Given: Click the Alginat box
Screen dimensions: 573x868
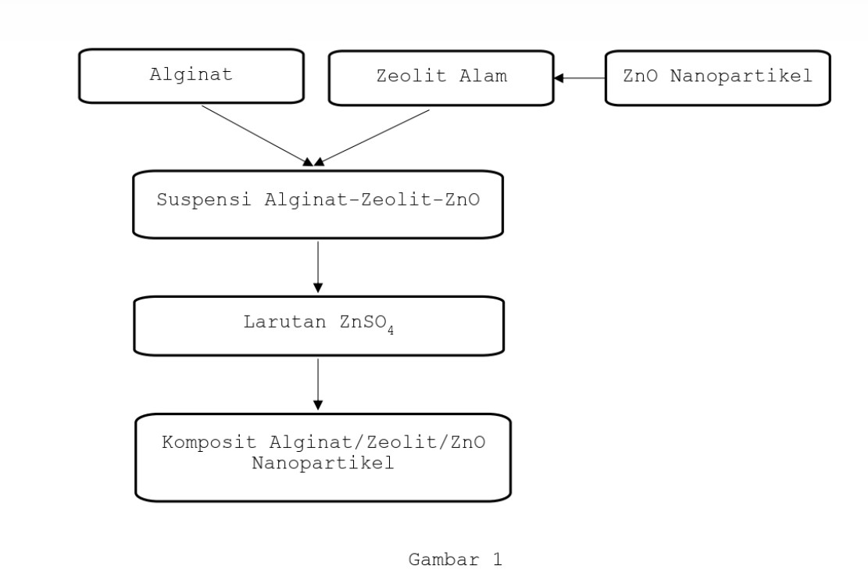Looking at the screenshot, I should tap(191, 77).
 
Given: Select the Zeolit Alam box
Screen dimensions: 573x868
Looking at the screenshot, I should tap(441, 77).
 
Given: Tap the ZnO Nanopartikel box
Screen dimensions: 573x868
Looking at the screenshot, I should tap(717, 77).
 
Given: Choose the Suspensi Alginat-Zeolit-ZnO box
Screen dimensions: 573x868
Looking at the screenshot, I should tap(318, 204).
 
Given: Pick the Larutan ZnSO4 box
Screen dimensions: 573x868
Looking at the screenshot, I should tap(319, 325).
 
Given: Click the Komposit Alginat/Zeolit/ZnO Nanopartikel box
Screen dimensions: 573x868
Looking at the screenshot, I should tap(323, 457).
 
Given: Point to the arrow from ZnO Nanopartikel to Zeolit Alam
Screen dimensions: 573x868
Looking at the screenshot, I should tap(580, 78).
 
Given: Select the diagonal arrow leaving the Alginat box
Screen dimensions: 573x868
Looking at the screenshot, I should tap(255, 135).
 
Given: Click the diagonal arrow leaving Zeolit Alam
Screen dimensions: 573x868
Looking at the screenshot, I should tap(373, 137).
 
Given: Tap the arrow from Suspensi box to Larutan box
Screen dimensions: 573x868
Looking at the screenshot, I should tap(318, 267).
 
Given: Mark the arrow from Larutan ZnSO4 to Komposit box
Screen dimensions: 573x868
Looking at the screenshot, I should tap(318, 384).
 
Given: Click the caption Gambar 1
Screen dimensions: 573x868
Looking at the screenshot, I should tap(455, 560).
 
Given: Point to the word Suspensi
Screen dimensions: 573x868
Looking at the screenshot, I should tap(204, 199).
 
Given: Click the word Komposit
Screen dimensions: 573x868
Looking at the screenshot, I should tap(209, 442).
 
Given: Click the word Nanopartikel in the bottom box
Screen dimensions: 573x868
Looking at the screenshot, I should tap(323, 463).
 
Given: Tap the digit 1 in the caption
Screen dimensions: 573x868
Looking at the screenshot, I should tap(496, 560).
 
